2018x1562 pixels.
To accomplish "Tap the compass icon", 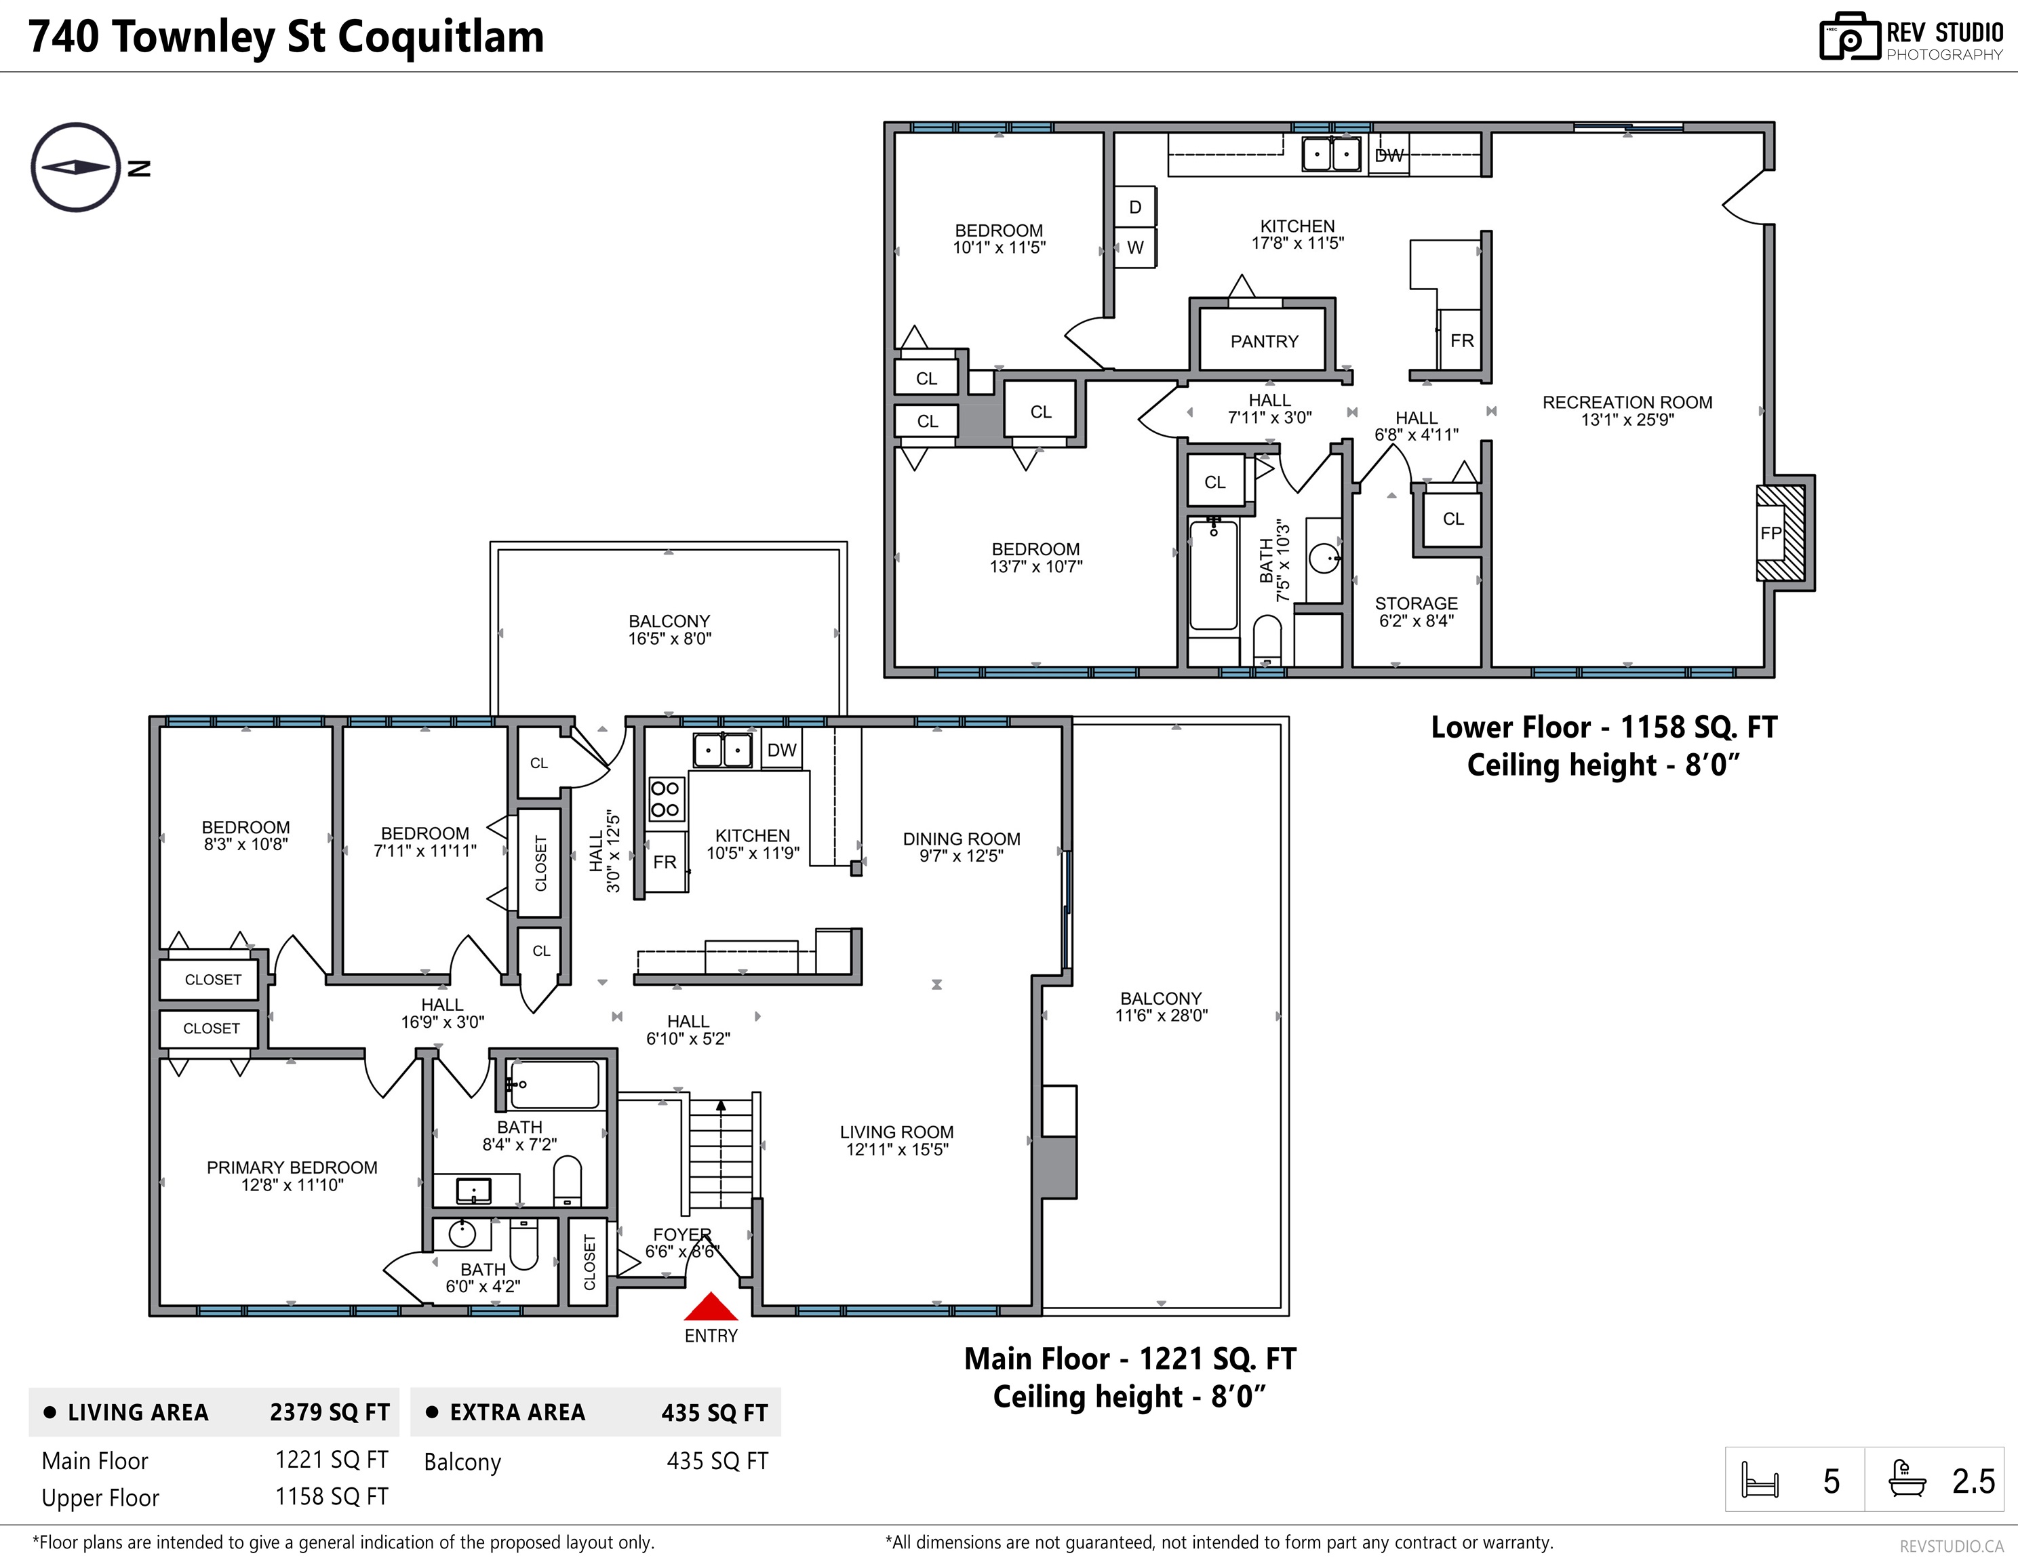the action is [x=76, y=167].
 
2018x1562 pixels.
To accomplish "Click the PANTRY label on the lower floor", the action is [x=1264, y=341].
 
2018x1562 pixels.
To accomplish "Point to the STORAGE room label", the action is [x=1416, y=603].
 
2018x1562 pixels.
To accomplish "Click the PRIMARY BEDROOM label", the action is [x=292, y=1167].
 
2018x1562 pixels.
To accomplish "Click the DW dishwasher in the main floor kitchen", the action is [x=782, y=749].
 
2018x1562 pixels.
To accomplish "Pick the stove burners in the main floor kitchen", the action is [x=665, y=799].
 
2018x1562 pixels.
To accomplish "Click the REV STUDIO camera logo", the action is [x=1850, y=38].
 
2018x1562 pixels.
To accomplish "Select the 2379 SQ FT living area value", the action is [x=330, y=1412].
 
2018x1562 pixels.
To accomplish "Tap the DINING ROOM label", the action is [x=961, y=839].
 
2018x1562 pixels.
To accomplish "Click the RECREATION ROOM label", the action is [x=1627, y=402].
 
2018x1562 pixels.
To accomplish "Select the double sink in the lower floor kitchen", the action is [x=1332, y=153].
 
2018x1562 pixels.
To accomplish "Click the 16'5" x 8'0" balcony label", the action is [x=670, y=638].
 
